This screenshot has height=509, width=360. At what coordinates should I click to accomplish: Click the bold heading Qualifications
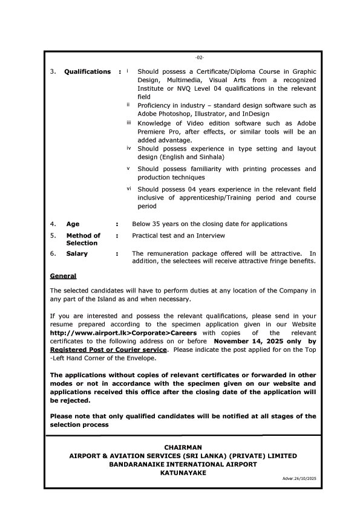pyautogui.click(x=88, y=72)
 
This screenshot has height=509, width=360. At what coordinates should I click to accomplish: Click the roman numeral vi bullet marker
pyautogui.click(x=129, y=189)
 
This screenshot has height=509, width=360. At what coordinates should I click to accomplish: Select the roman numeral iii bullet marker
pyautogui.click(x=129, y=123)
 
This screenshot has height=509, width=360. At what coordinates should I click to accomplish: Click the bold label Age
pyautogui.click(x=73, y=224)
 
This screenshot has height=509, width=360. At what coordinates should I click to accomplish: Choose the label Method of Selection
pyautogui.click(x=82, y=239)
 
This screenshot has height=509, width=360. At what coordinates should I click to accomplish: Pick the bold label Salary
pyautogui.click(x=77, y=254)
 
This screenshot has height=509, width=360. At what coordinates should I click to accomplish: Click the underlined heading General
pyautogui.click(x=63, y=276)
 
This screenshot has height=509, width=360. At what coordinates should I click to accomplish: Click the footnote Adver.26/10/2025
pyautogui.click(x=299, y=479)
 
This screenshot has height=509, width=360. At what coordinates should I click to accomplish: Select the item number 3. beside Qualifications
pyautogui.click(x=53, y=72)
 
